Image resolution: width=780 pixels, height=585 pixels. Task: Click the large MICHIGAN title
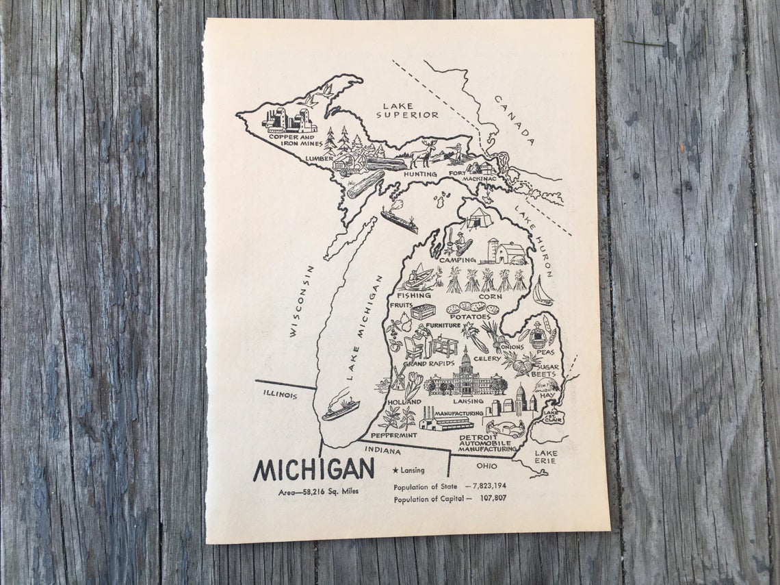coord(314,469)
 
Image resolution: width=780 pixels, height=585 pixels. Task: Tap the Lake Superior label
coord(406,110)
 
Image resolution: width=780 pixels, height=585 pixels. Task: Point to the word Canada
coord(514,121)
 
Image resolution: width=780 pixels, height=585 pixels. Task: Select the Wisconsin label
coord(302,301)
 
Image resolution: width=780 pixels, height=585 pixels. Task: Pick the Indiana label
coord(382,450)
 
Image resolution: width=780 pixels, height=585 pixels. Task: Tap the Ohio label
coord(487,466)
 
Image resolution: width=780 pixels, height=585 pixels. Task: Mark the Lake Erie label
coord(546,457)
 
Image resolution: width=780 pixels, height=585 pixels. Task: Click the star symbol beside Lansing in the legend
coord(396,471)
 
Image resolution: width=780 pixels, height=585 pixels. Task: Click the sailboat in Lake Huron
coord(542,292)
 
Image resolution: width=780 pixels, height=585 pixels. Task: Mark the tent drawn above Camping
coord(479,217)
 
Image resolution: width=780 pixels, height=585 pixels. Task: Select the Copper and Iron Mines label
coord(291,140)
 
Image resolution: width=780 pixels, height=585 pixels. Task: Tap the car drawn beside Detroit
coord(506,430)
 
